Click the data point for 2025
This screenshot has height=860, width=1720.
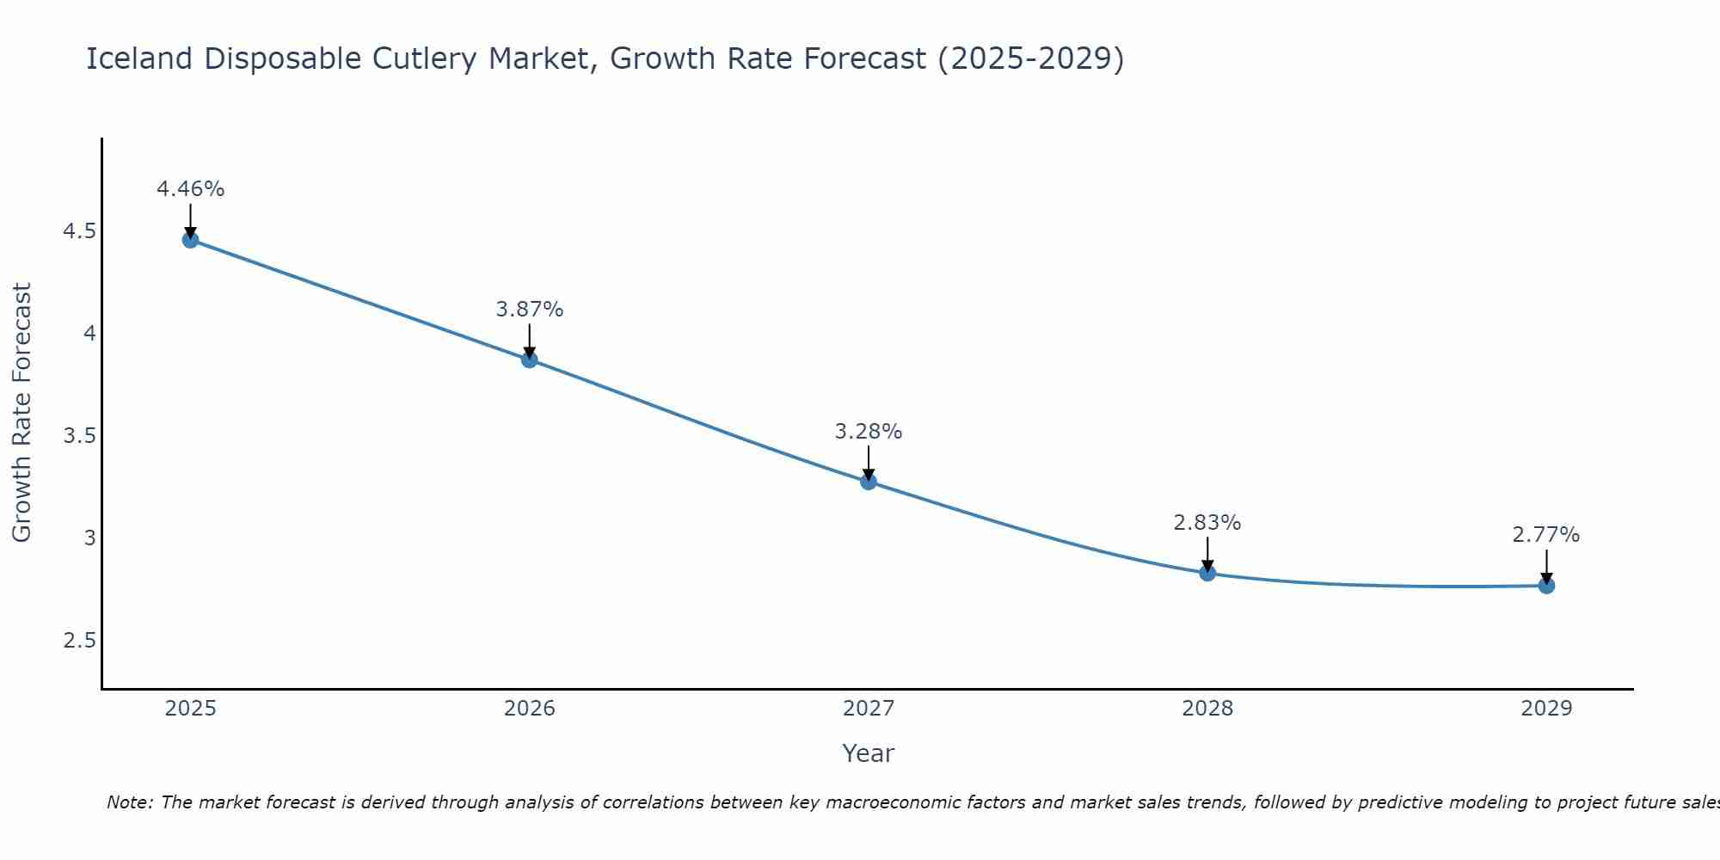point(190,240)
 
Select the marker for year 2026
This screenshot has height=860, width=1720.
point(529,359)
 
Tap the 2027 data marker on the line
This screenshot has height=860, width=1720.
point(868,482)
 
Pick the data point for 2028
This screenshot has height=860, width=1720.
point(1207,573)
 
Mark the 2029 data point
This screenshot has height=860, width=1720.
point(1545,586)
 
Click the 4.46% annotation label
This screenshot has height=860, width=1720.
point(190,189)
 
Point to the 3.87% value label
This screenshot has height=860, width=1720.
point(529,310)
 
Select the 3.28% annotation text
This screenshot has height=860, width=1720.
point(868,432)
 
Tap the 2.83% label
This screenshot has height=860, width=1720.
point(1207,523)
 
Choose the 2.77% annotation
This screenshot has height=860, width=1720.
point(1545,535)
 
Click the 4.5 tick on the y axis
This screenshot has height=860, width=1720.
point(80,231)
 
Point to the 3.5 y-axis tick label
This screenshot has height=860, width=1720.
point(80,436)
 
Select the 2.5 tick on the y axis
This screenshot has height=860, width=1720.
point(80,641)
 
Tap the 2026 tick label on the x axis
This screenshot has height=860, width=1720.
point(529,709)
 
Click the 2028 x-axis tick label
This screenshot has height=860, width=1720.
point(1207,709)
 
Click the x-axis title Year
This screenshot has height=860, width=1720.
point(868,753)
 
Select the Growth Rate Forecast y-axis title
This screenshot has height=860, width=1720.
point(22,413)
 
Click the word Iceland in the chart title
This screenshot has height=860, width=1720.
point(139,59)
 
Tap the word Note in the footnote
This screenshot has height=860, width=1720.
point(129,802)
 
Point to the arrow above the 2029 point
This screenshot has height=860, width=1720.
point(1545,567)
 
